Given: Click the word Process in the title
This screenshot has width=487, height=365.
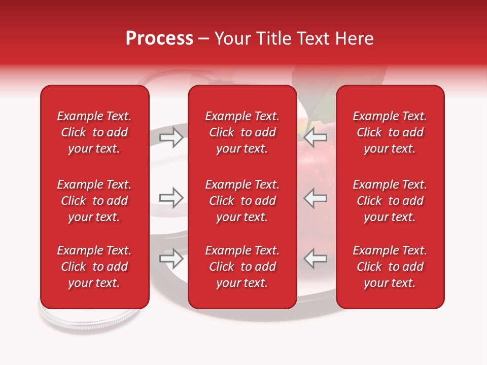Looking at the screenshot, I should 159,39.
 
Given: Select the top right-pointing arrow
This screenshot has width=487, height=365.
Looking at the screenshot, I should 171,137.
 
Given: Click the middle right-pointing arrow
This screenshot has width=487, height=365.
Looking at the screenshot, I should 171,198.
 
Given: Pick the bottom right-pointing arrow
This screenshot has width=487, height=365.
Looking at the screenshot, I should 171,259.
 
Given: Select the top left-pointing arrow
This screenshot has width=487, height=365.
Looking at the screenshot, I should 315,137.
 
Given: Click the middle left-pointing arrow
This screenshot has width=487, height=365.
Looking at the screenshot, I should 315,198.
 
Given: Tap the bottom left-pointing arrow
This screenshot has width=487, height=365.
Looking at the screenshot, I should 315,259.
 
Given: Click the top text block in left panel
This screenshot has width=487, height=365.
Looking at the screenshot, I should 94,132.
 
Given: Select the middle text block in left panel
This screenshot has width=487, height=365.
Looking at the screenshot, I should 94,201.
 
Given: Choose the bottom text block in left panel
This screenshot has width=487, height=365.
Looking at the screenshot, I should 94,267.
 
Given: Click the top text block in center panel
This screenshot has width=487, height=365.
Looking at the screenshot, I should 242,132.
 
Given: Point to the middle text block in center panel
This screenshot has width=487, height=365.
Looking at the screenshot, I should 242,201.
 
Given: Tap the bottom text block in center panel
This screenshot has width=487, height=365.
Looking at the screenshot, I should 242,267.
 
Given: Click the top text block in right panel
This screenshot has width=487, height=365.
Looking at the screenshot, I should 390,132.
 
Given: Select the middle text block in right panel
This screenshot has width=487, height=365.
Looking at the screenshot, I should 390,201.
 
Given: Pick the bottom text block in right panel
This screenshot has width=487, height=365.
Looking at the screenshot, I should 390,267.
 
